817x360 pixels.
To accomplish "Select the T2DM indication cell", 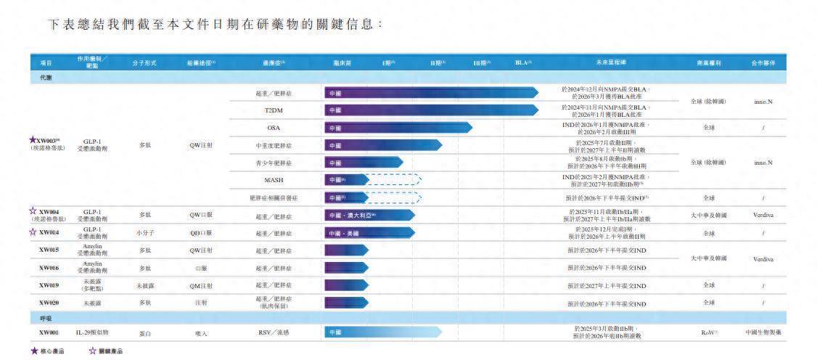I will pyautogui.click(x=274, y=110).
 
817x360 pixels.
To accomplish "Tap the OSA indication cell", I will pyautogui.click(x=274, y=128).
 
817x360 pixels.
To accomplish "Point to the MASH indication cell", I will pyautogui.click(x=274, y=180).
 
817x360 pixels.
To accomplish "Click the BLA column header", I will pyautogui.click(x=523, y=62).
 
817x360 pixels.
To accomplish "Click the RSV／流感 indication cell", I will pyautogui.click(x=274, y=332).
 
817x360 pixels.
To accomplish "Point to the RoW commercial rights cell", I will pyautogui.click(x=709, y=332).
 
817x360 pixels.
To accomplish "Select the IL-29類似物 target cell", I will pyautogui.click(x=92, y=332).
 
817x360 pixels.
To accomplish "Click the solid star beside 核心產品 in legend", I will pyautogui.click(x=34, y=351).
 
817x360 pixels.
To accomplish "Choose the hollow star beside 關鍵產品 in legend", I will pyautogui.click(x=92, y=351).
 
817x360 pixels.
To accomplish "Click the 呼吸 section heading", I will pyautogui.click(x=45, y=318).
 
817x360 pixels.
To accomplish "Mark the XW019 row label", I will pyautogui.click(x=49, y=285).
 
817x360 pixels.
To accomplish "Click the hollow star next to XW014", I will pyautogui.click(x=33, y=232).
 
